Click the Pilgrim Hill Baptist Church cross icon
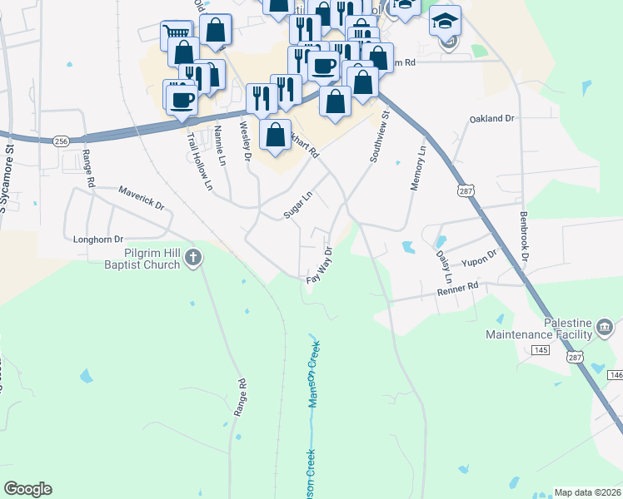pyautogui.click(x=193, y=258)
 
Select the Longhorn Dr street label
pyautogui.click(x=98, y=238)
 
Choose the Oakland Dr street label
pyautogui.click(x=492, y=119)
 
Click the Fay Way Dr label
pyautogui.click(x=320, y=265)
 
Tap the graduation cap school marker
pyautogui.click(x=446, y=20)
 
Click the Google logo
pyautogui.click(x=27, y=489)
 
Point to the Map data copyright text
pyautogui.click(x=588, y=492)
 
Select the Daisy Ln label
pyautogui.click(x=442, y=264)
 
